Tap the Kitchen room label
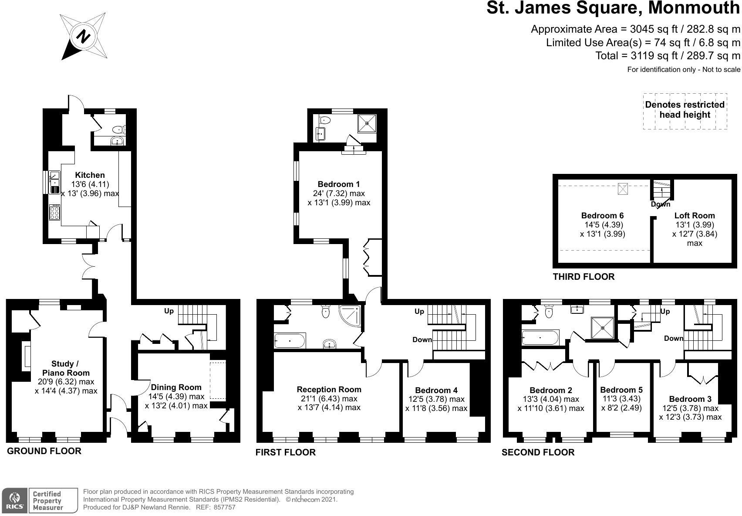90,175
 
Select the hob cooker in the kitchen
55,212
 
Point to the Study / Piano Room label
66,368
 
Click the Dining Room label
176,387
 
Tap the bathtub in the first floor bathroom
290,340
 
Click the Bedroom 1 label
338,184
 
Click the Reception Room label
329,389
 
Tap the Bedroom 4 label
436,390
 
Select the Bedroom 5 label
621,390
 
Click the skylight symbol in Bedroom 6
623,189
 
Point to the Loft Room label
694,215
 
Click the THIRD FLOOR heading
583,277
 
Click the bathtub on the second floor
540,338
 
